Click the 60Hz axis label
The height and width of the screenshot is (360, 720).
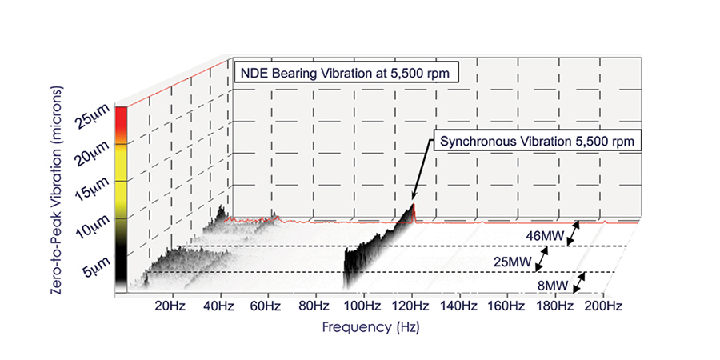click(x=266, y=306)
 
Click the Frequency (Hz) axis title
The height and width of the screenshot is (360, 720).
click(x=370, y=327)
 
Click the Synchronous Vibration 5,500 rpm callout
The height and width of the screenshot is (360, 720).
click(x=540, y=142)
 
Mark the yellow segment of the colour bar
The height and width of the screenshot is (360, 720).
click(x=121, y=166)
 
